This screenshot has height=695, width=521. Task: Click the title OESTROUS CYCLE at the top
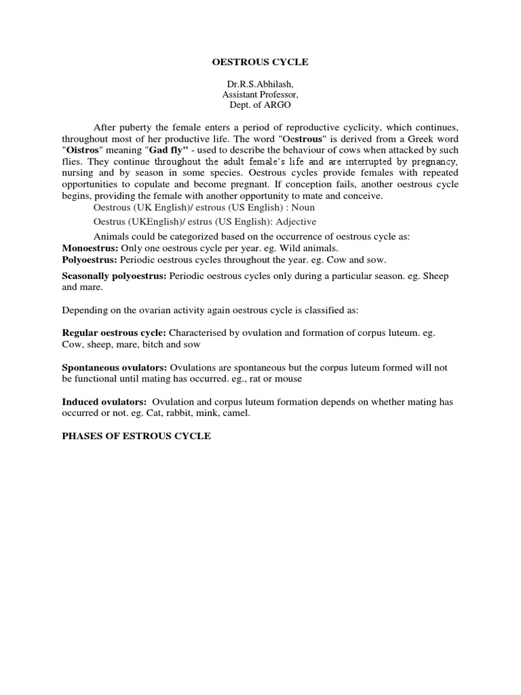tap(261, 62)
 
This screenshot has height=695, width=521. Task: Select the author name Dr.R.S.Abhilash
tap(261, 84)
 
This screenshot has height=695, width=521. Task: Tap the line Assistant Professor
tap(261, 95)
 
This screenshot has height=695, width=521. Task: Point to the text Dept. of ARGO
tap(261, 106)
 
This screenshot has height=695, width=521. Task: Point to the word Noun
tap(302, 207)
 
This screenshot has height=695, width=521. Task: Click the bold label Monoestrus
tap(90, 248)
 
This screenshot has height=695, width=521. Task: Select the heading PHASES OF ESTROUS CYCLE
tap(136, 436)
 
